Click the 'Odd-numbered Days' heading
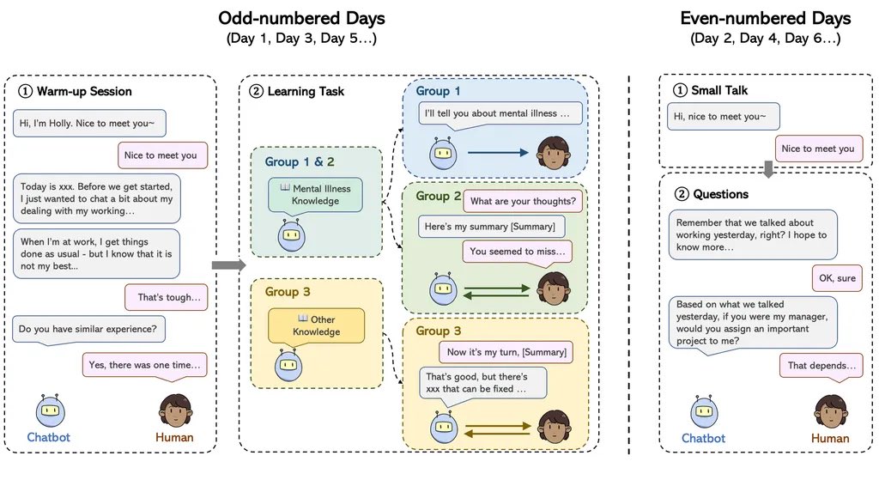(x=300, y=18)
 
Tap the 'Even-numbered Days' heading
(x=765, y=18)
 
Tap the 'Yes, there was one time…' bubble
(x=146, y=364)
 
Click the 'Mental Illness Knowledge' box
(x=315, y=195)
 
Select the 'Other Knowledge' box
(x=316, y=325)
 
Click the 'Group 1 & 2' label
(x=300, y=161)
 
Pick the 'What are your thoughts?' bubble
(x=524, y=202)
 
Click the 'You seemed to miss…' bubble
(x=519, y=251)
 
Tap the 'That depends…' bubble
(x=821, y=365)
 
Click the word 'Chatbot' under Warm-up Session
(x=48, y=437)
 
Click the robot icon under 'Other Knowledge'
(x=288, y=365)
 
